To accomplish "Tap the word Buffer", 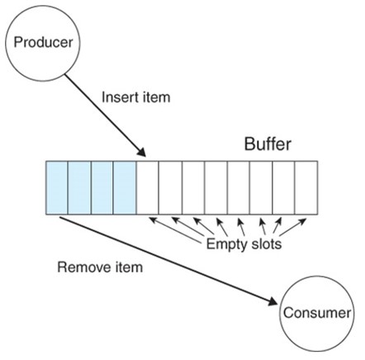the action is [x=268, y=144].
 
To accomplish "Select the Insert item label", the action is [x=136, y=97].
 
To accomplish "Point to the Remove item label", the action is [x=100, y=268].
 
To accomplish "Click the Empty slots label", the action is [x=244, y=244].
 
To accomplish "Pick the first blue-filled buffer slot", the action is [x=57, y=187].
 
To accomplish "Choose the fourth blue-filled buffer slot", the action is [x=125, y=187].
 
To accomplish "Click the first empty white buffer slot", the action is [x=147, y=187].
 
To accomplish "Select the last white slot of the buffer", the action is [x=306, y=187].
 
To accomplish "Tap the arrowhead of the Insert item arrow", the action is [x=141, y=152].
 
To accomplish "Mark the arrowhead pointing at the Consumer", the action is [x=273, y=301].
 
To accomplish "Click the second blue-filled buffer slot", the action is [x=79, y=187].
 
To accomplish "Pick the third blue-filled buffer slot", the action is [x=102, y=187].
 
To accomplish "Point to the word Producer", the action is [x=43, y=42].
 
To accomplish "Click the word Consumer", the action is [x=317, y=313].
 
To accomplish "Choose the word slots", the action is [x=266, y=244].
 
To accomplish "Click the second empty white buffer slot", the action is [x=170, y=187].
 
